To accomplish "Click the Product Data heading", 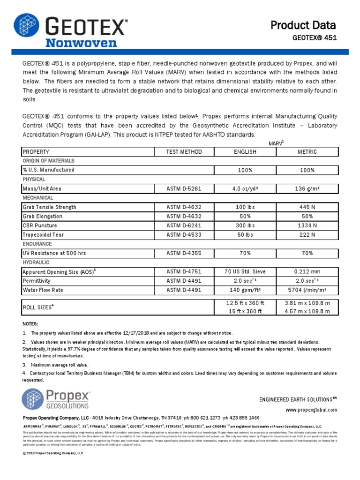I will pos(303,25).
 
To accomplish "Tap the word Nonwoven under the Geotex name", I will pos(81,43).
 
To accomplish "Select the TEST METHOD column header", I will pos(184,152).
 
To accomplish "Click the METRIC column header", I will pos(307,152).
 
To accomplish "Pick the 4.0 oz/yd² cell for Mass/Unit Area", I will pos(245,189).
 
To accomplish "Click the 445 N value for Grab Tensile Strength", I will pos(307,207).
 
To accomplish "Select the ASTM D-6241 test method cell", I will pos(184,225).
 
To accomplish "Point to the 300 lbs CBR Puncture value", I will pos(245,225).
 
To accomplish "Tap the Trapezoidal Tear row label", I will pos(43,235).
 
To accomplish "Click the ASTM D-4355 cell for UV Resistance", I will pos(184,253).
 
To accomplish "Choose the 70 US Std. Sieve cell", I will pos(245,271).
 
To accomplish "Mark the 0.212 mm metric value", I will pos(307,271).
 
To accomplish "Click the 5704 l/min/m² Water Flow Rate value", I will pos(307,290).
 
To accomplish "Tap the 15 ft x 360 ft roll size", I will pos(245,311).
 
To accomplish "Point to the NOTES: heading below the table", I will pos(30,324).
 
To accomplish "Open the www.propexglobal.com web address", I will pos(311,410).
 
